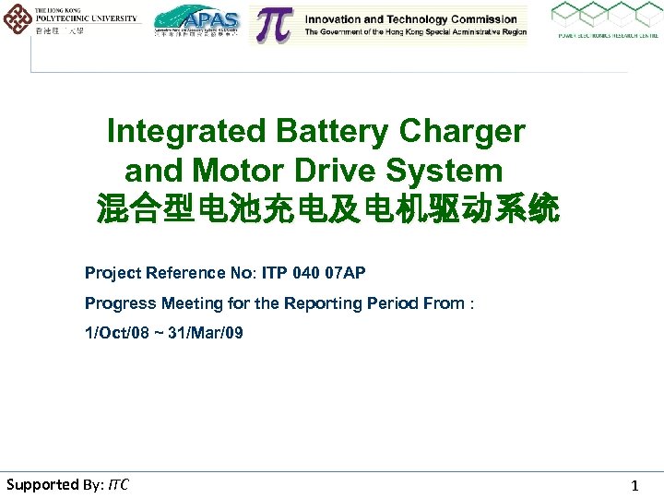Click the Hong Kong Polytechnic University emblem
coord(18,18)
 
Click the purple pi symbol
coord(273,26)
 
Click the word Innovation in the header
coord(338,18)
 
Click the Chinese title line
coord(327,210)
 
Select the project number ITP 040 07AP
coord(314,273)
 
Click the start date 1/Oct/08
coord(119,333)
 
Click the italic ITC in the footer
coord(118,484)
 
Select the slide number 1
coord(634,485)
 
